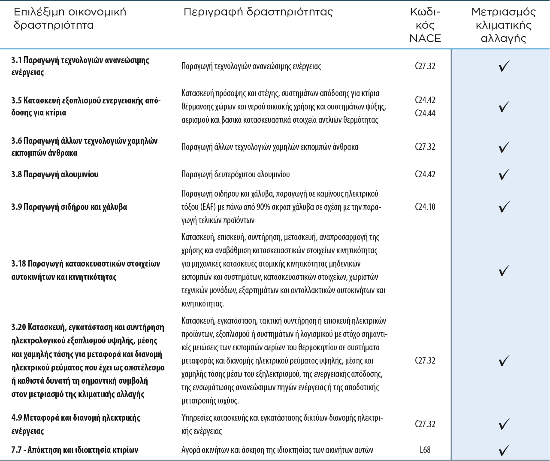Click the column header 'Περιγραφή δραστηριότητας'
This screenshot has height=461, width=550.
(258, 12)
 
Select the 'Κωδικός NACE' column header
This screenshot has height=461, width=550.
(425, 25)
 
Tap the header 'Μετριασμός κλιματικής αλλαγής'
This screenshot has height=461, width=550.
(503, 25)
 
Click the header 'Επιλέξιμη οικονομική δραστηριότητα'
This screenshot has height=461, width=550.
(70, 18)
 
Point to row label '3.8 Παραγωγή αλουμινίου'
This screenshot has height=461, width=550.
(55, 174)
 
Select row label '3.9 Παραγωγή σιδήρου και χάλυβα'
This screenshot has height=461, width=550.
(69, 207)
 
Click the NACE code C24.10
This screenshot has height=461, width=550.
(425, 207)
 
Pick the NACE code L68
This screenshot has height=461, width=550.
(425, 450)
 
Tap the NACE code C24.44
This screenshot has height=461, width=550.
(425, 113)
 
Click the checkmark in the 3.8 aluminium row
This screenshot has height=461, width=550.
(504, 174)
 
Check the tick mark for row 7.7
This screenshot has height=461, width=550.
(504, 450)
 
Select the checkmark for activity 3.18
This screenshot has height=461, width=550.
(504, 270)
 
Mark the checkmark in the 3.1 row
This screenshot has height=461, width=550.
(504, 67)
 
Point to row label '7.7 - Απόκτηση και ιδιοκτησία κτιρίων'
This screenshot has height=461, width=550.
(75, 450)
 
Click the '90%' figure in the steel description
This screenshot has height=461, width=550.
(263, 207)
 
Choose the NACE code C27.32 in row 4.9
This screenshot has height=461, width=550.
(425, 424)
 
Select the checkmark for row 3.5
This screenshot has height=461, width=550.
(504, 106)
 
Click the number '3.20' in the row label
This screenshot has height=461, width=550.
(18, 328)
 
